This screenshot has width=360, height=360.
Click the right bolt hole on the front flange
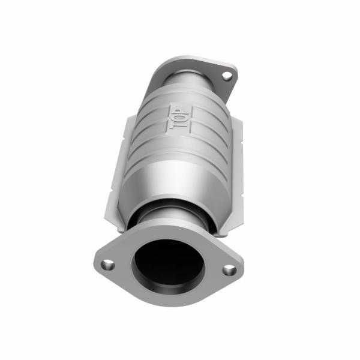tap(229, 269)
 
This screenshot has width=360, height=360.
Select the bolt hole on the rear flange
tap(226, 76)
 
